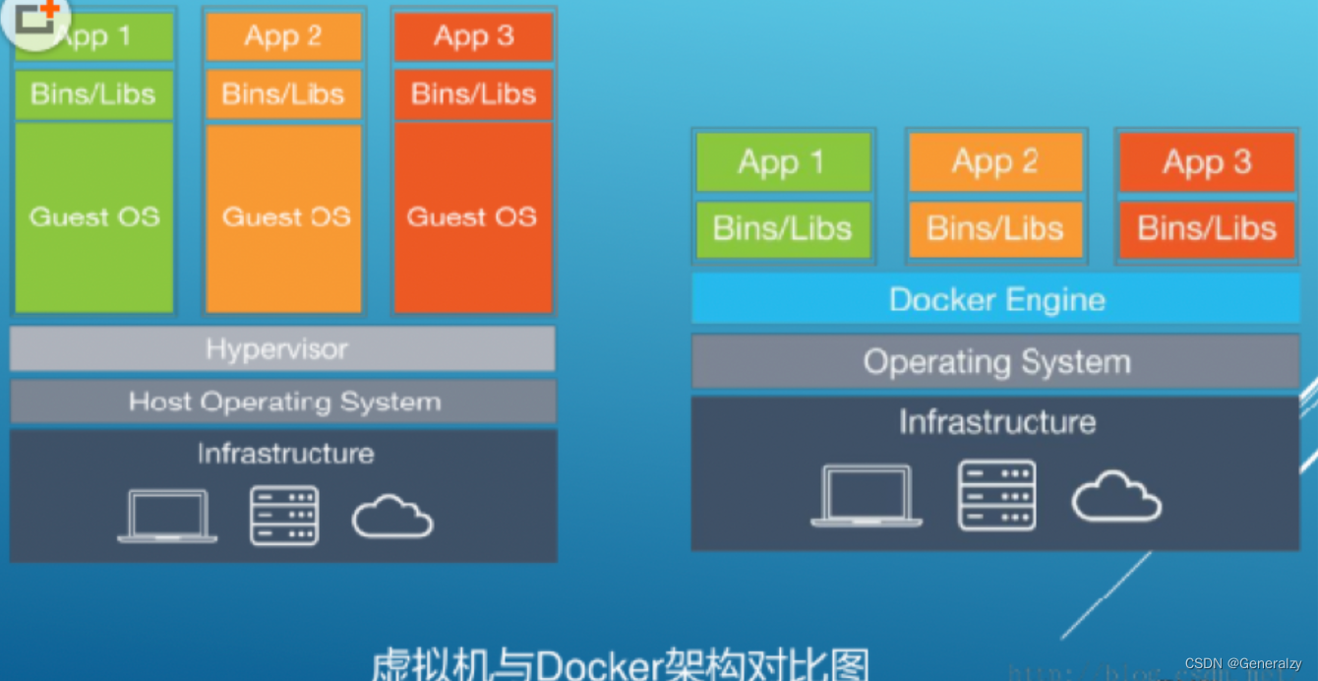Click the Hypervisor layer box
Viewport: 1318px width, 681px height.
coord(281,349)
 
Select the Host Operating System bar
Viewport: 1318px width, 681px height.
coord(283,402)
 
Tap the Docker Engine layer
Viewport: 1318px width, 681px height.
coord(995,299)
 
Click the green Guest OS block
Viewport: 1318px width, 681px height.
coord(94,217)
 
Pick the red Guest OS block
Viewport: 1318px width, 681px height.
coord(472,217)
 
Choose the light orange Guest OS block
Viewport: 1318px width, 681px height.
coord(284,217)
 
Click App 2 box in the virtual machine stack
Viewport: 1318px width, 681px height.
coord(283,37)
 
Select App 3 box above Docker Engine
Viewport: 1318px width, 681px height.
coord(1206,162)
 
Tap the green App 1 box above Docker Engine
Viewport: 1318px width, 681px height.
coord(783,162)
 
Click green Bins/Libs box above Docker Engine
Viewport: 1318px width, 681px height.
coord(783,229)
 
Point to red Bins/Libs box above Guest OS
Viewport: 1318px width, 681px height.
coord(473,94)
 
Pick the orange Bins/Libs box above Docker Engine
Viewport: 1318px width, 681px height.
coord(994,229)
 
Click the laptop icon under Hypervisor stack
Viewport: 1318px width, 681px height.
coord(167,516)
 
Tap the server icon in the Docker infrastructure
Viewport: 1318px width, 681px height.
coord(996,495)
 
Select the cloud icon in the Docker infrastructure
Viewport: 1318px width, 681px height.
coord(1116,496)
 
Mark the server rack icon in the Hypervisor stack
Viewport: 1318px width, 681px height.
coord(284,516)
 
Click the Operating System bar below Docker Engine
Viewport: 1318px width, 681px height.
coord(995,362)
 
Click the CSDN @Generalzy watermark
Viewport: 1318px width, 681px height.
coord(1243,664)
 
